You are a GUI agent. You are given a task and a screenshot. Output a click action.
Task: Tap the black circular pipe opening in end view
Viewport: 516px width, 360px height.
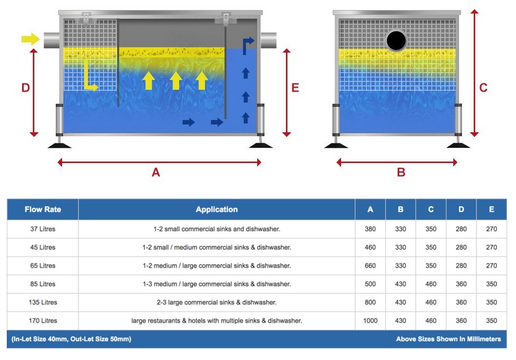click(396, 40)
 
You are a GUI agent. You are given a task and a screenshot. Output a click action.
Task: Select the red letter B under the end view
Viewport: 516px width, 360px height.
click(401, 173)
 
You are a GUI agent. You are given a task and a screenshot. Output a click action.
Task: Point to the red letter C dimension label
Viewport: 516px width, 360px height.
click(483, 88)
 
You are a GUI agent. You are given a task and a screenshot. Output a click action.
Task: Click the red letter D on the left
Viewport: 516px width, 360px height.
click(25, 88)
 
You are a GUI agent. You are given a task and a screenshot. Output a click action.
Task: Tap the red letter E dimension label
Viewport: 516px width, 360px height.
click(295, 88)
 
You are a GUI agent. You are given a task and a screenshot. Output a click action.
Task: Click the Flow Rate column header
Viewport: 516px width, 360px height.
click(43, 209)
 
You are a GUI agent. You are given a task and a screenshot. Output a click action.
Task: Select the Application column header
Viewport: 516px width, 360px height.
click(217, 209)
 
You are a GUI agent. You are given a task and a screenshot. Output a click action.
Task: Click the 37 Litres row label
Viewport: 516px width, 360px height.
click(43, 229)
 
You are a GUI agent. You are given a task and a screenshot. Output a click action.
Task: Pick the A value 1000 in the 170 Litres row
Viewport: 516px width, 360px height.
click(371, 321)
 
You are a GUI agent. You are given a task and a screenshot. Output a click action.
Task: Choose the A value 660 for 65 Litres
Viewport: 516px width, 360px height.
click(371, 265)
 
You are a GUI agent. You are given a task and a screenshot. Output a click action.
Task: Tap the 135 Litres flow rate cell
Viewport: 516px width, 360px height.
click(43, 302)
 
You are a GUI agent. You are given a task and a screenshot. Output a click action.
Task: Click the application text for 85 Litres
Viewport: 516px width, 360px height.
click(217, 284)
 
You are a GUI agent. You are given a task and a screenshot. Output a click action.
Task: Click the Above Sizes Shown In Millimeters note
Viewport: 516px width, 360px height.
click(448, 339)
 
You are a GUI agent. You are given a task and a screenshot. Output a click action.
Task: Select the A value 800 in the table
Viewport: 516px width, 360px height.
click(371, 302)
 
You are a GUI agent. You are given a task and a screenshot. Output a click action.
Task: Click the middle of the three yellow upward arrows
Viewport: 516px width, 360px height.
click(175, 81)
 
